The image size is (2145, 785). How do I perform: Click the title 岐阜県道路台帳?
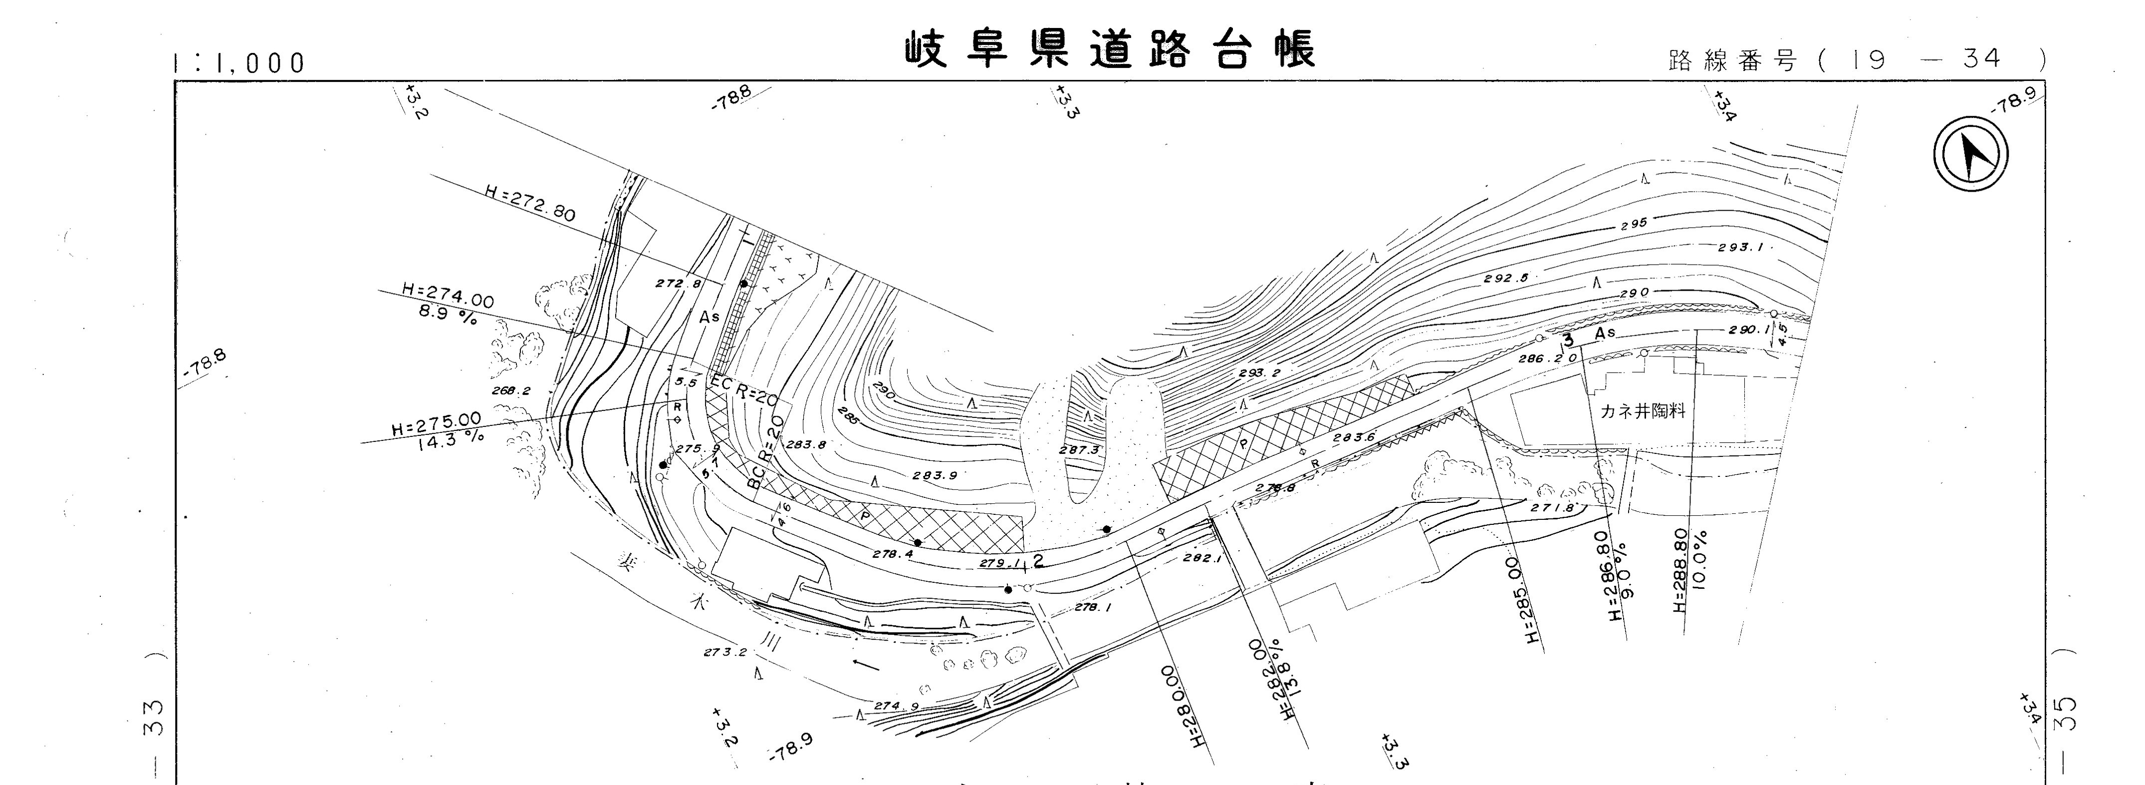(1111, 50)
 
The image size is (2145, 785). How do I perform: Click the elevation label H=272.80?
(529, 203)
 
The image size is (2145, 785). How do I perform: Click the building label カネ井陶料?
(1642, 411)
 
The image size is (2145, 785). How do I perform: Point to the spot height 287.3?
(1079, 450)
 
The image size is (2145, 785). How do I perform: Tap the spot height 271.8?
(1553, 507)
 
